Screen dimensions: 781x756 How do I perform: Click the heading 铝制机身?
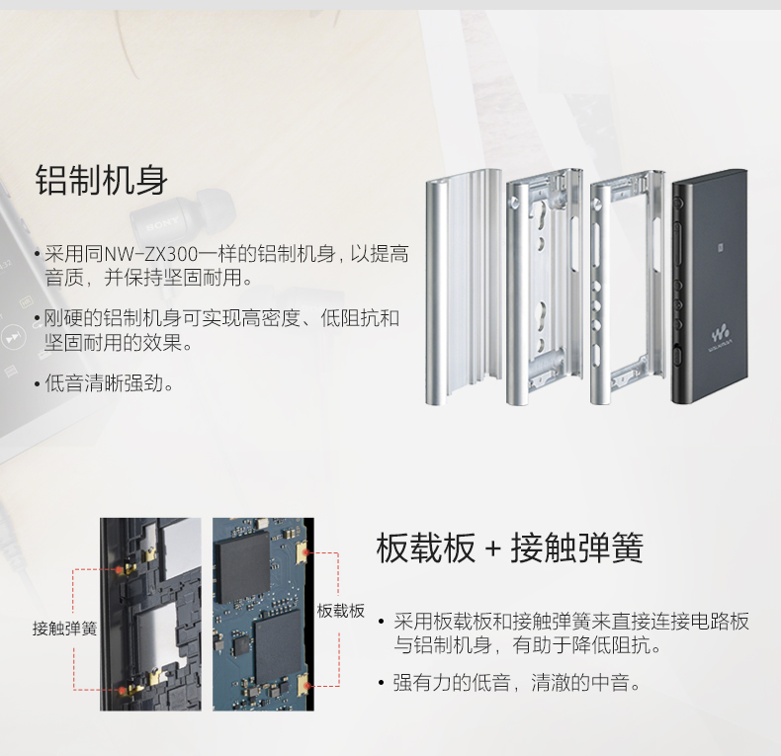(x=102, y=180)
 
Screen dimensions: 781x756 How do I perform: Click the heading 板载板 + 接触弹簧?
(x=510, y=547)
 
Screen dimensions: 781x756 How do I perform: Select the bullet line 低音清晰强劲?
(x=110, y=382)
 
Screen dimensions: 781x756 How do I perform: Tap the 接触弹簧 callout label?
(x=65, y=629)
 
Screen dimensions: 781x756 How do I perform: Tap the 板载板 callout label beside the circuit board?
(x=341, y=611)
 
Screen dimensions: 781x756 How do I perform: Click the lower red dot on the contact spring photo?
(x=122, y=689)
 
